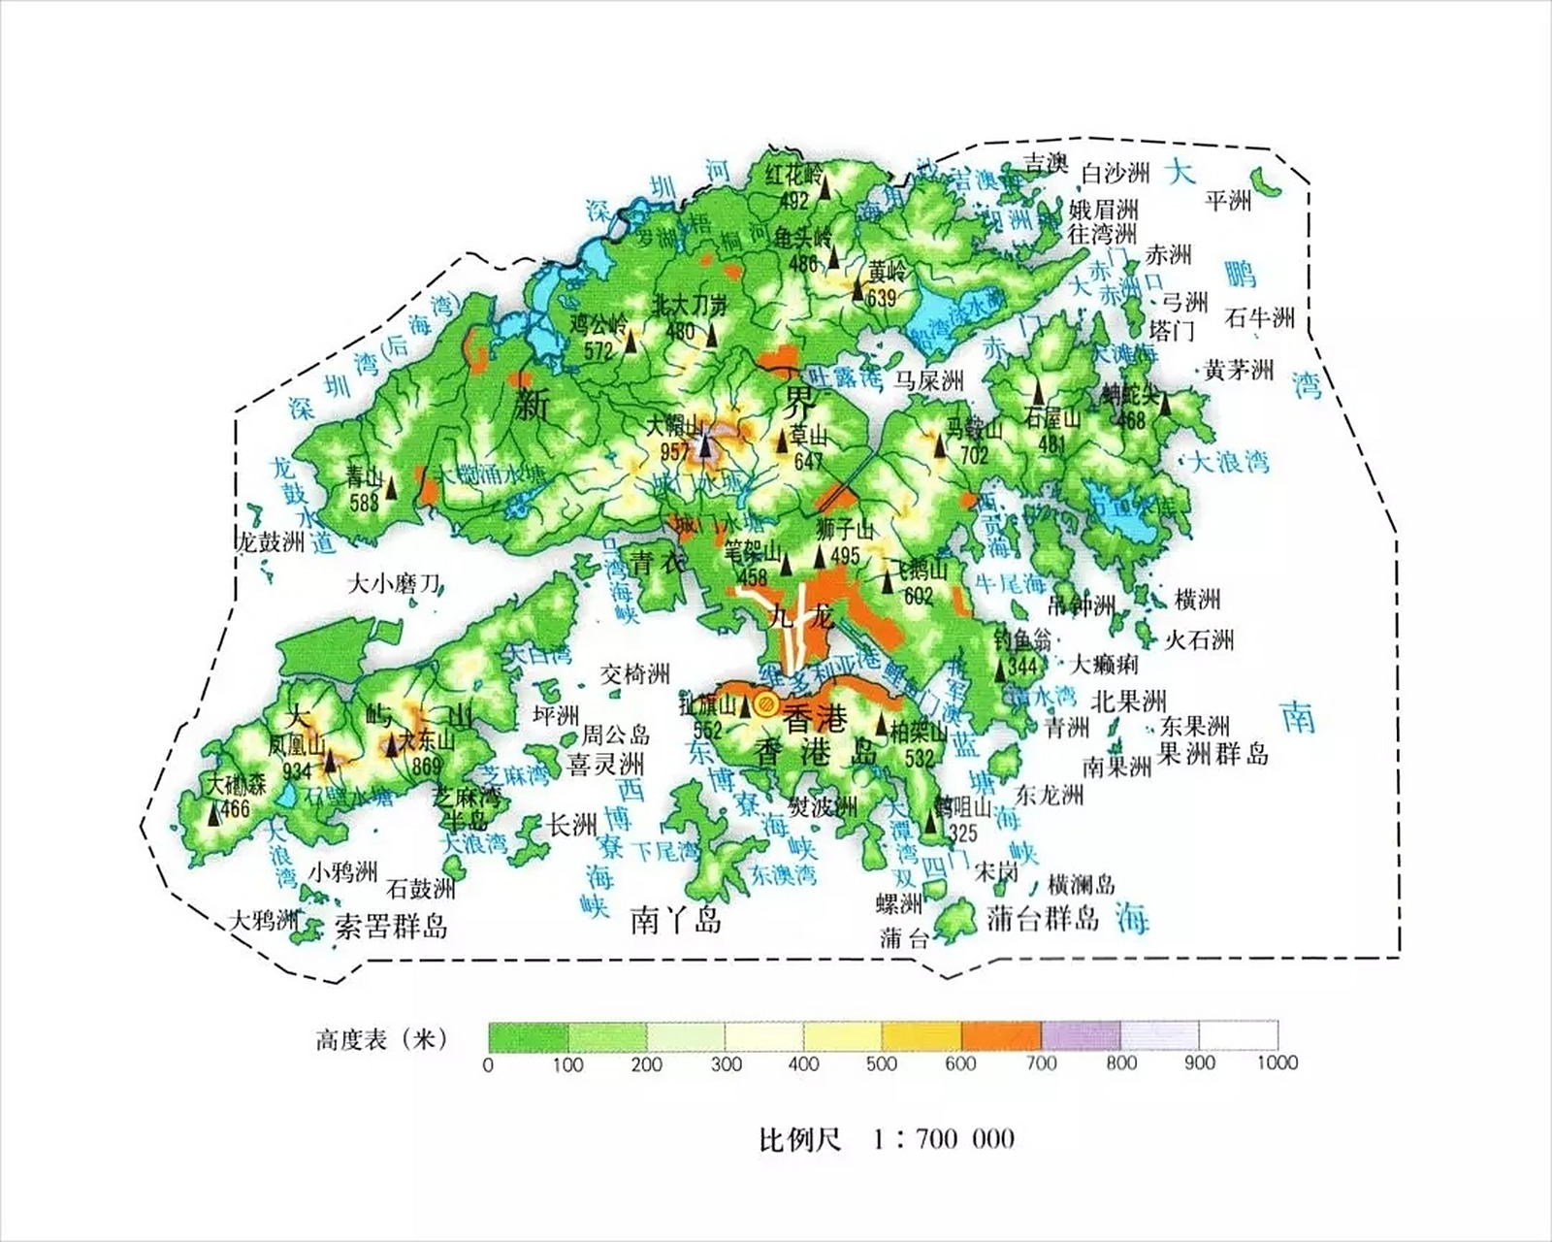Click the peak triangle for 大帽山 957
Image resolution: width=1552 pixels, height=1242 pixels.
pos(705,446)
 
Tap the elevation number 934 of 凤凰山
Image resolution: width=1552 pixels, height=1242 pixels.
pos(297,771)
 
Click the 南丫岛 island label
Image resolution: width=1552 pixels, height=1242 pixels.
pos(676,919)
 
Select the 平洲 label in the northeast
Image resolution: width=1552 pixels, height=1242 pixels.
pos(1228,201)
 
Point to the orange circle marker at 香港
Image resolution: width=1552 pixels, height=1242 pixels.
pos(764,704)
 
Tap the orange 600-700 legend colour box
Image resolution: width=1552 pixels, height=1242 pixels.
pos(1000,1036)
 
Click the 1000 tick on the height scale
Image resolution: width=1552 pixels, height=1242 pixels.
pos(1277,1062)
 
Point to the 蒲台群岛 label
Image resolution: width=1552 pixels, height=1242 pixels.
pos(1043,918)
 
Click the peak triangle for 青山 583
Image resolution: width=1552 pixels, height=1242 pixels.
pos(392,487)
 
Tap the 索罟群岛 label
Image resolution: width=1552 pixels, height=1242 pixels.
pos(391,926)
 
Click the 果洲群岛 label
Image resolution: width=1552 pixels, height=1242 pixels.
pos(1212,753)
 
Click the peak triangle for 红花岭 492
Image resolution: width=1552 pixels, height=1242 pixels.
pos(825,187)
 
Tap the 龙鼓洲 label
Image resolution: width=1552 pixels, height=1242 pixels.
pos(271,540)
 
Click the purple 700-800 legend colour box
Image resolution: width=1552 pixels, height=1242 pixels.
pos(1080,1036)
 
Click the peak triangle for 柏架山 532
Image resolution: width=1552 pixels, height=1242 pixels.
pos(882,724)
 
